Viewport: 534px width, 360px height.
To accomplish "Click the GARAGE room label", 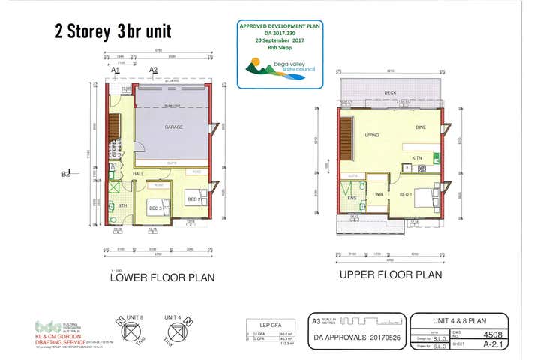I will pyautogui.click(x=174, y=127).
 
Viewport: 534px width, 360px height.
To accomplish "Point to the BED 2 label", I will pyautogui.click(x=193, y=199).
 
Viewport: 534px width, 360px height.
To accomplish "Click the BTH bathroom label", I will pyautogui.click(x=123, y=204).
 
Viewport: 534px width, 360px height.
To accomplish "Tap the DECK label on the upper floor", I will pyautogui.click(x=389, y=93).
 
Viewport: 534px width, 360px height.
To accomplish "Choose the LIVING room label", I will pyautogui.click(x=372, y=136).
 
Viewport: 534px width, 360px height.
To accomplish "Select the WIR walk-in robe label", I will pyautogui.click(x=379, y=194).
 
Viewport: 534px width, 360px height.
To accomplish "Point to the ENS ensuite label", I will pyautogui.click(x=352, y=198).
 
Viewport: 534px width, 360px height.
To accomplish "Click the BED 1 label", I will pyautogui.click(x=406, y=194).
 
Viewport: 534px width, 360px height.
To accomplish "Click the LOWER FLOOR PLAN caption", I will pyautogui.click(x=162, y=277).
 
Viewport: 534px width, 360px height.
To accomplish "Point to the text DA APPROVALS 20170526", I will pyautogui.click(x=357, y=337).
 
